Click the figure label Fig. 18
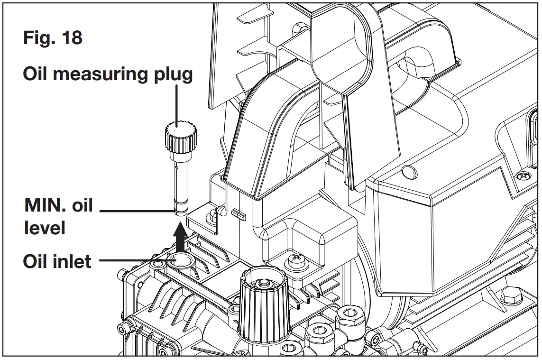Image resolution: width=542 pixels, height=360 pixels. (53, 37)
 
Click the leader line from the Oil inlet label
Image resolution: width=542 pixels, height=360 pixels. (130, 260)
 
